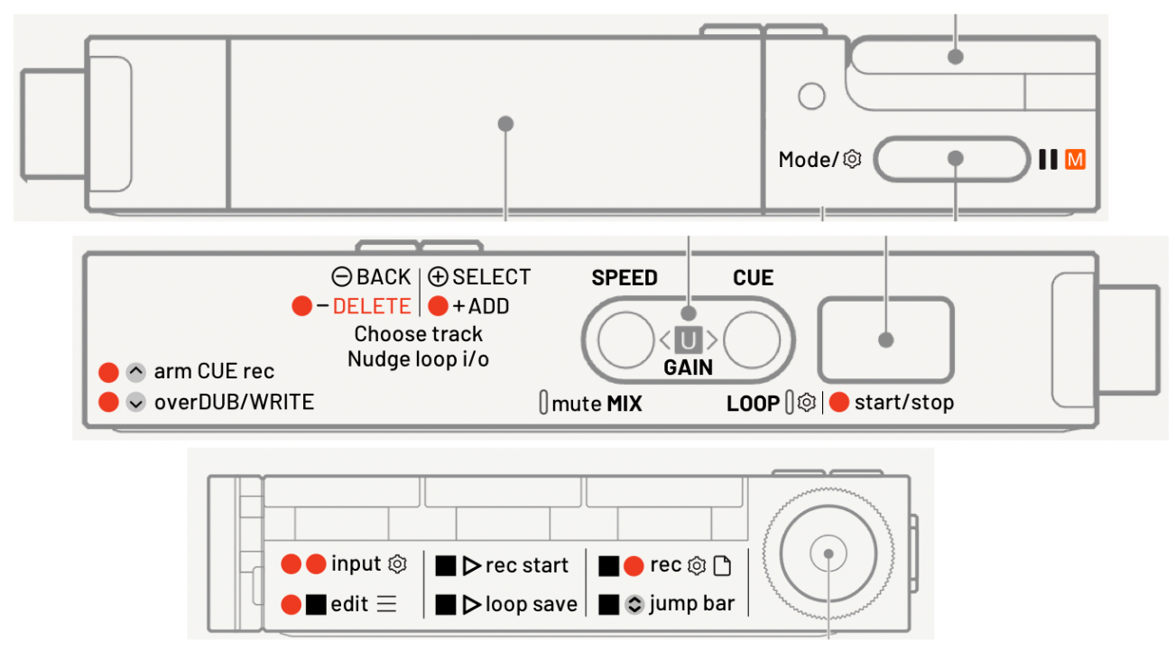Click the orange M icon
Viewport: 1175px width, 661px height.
(1075, 160)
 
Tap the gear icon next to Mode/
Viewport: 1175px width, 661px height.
(852, 160)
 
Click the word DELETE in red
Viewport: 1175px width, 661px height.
(372, 306)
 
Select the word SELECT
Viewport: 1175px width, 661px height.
(491, 277)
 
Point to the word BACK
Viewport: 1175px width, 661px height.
(384, 277)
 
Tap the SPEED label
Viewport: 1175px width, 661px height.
(625, 278)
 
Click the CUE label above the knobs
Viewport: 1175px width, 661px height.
(753, 278)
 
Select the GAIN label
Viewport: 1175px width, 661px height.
(688, 368)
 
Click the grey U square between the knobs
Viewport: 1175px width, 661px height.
(688, 340)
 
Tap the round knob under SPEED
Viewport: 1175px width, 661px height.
(625, 340)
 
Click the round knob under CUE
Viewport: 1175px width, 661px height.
(751, 340)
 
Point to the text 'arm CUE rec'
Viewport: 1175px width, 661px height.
(214, 371)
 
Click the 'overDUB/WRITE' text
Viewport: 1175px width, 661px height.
(234, 402)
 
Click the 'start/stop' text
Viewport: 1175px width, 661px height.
(903, 402)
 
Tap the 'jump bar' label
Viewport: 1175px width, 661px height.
(691, 604)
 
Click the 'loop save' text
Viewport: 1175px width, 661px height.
(531, 605)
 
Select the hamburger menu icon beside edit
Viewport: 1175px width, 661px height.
(386, 605)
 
